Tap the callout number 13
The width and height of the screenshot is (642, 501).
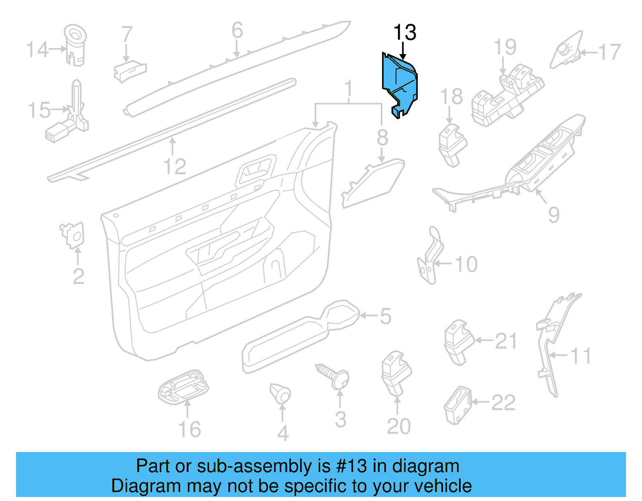tap(404, 32)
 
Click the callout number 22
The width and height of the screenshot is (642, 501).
tap(503, 402)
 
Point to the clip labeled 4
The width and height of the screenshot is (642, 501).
tap(280, 393)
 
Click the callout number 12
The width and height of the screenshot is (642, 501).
tap(175, 166)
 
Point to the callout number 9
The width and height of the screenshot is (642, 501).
tap(554, 215)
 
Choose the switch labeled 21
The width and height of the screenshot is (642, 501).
tap(457, 341)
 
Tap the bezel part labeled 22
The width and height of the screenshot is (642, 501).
tap(457, 405)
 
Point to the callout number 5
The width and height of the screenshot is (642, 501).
tap(385, 316)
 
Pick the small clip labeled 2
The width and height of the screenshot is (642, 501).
tap(73, 235)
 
